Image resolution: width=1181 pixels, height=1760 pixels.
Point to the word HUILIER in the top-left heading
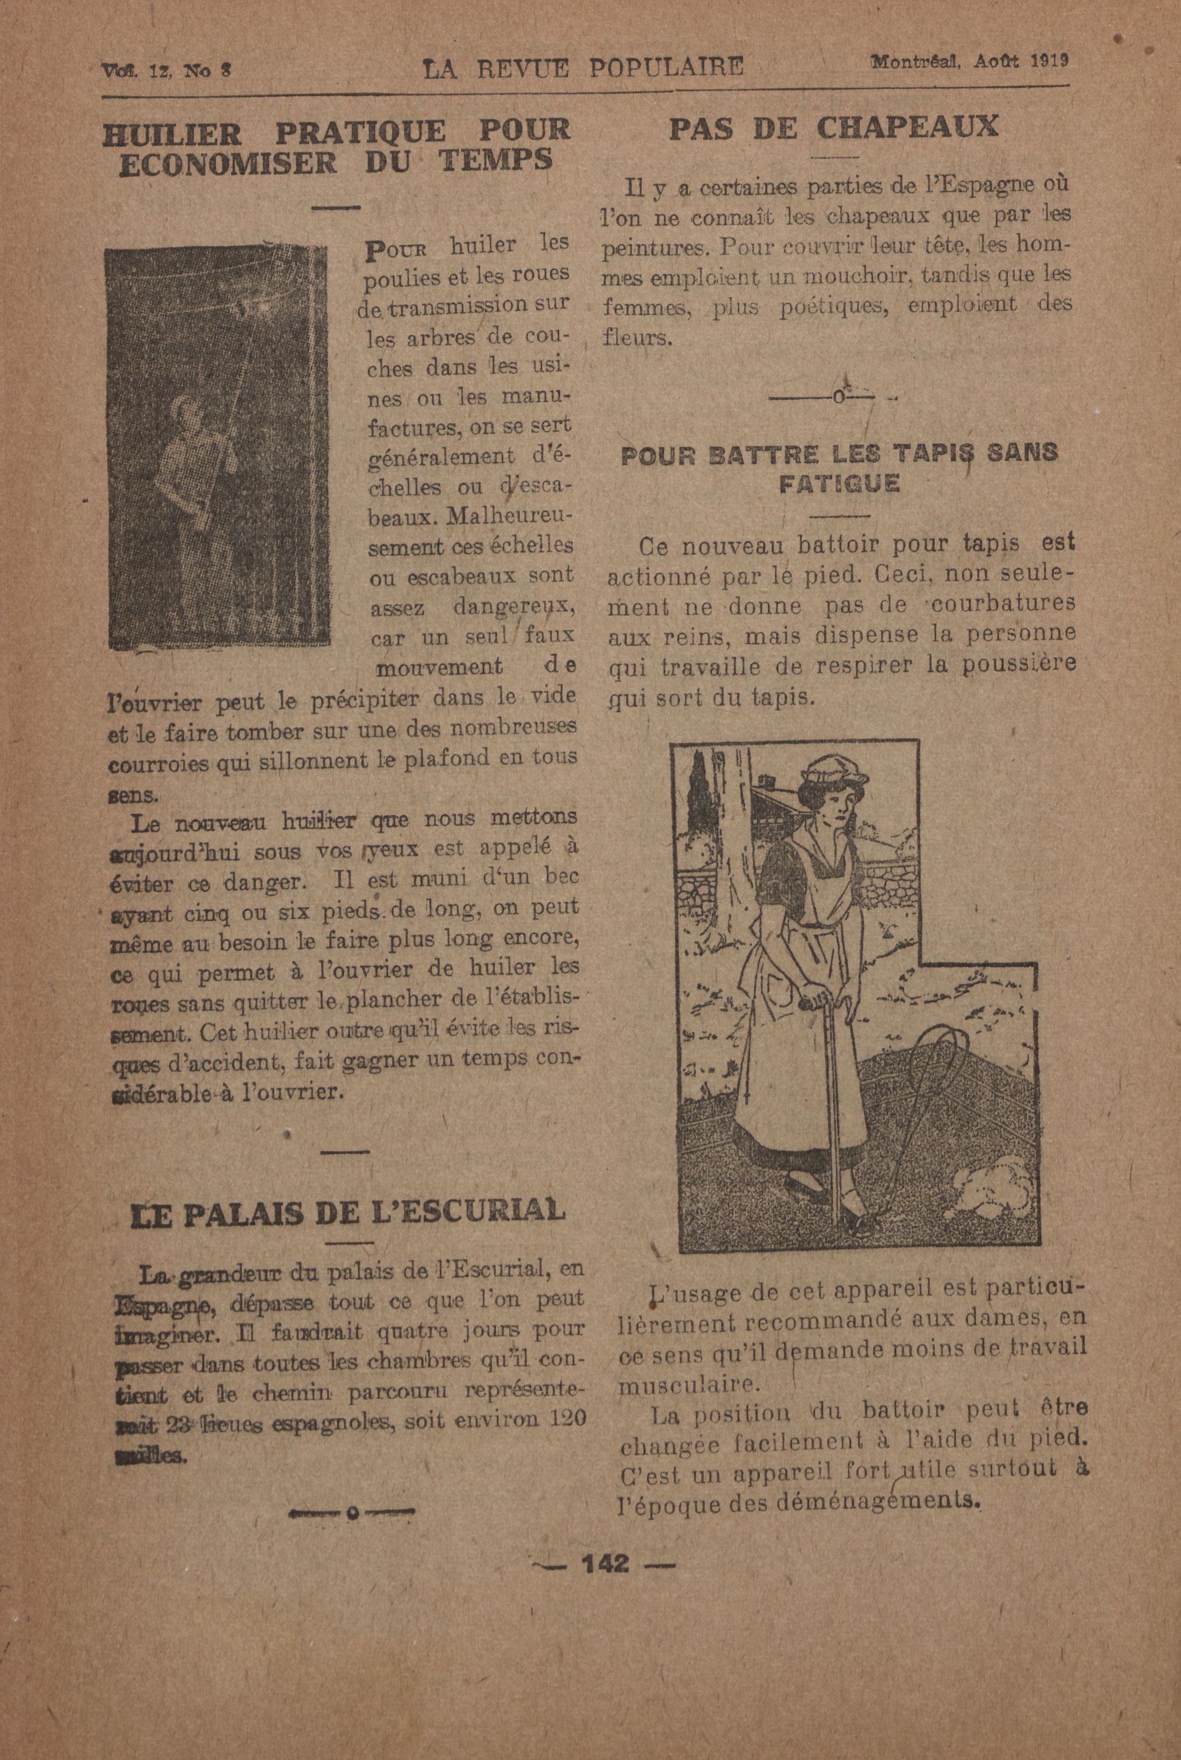pyautogui.click(x=173, y=134)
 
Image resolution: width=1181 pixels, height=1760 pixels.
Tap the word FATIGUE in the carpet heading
pyautogui.click(x=839, y=483)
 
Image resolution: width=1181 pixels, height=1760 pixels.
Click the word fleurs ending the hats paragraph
pyautogui.click(x=634, y=338)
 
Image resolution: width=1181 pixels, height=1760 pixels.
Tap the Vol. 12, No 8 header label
pyautogui.click(x=166, y=70)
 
